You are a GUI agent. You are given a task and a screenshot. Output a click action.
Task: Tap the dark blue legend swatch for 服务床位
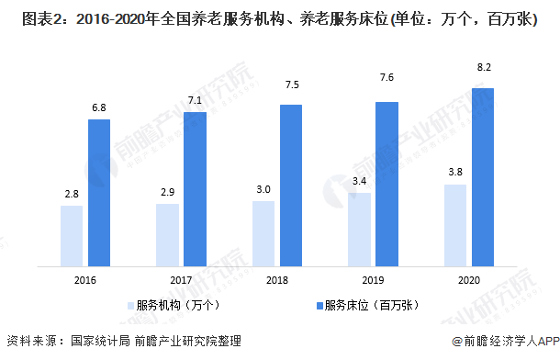coord(315,304)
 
